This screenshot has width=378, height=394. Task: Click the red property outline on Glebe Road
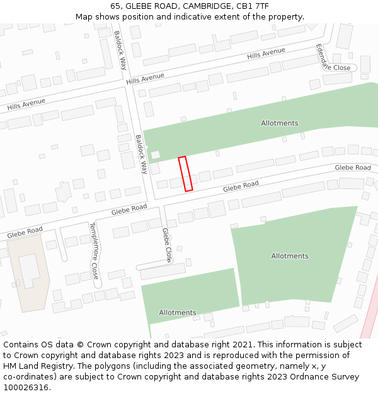185,174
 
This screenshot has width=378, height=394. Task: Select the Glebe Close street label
167,244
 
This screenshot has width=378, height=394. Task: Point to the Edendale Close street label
333,61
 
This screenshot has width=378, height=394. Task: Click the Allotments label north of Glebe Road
280,123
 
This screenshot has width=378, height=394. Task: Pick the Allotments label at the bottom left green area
177,313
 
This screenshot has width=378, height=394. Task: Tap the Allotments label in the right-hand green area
290,256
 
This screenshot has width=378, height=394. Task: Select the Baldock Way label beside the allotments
141,154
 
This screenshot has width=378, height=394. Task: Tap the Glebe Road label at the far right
353,167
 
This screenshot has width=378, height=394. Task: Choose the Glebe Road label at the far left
25,233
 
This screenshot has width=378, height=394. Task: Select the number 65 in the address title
115,6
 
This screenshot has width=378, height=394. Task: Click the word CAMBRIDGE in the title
205,6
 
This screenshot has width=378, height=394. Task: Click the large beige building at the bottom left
28,275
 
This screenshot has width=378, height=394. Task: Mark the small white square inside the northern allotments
156,154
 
